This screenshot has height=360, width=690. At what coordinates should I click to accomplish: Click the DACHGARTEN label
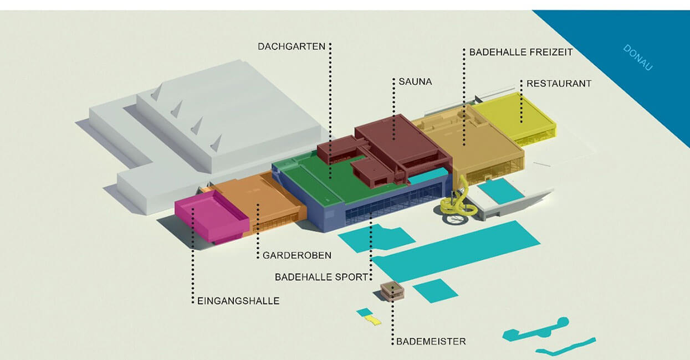pos(292,47)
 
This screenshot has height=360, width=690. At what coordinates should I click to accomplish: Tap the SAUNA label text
pos(415,81)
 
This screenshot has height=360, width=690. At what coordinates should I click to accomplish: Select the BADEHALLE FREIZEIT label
pos(521,52)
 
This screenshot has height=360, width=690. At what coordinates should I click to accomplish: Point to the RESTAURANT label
pos(559,84)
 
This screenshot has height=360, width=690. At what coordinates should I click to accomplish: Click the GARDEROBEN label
pos(297,255)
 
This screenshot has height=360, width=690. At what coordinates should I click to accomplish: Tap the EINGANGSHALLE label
pos(238,301)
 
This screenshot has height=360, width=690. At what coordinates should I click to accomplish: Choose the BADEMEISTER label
pos(431,341)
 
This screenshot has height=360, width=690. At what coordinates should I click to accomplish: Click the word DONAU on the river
pos(638,57)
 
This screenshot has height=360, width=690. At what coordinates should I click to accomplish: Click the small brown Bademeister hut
pos(392,290)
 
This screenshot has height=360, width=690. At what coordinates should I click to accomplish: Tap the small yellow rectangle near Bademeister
pos(375,321)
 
